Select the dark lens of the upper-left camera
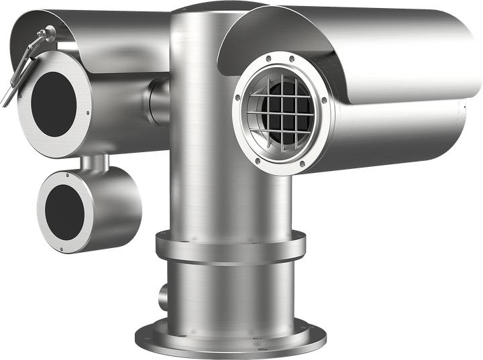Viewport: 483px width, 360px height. point(54,105)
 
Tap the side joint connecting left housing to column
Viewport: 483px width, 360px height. point(158,101)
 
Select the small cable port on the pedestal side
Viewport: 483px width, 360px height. point(163,294)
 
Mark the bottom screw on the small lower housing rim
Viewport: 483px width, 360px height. point(61,251)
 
